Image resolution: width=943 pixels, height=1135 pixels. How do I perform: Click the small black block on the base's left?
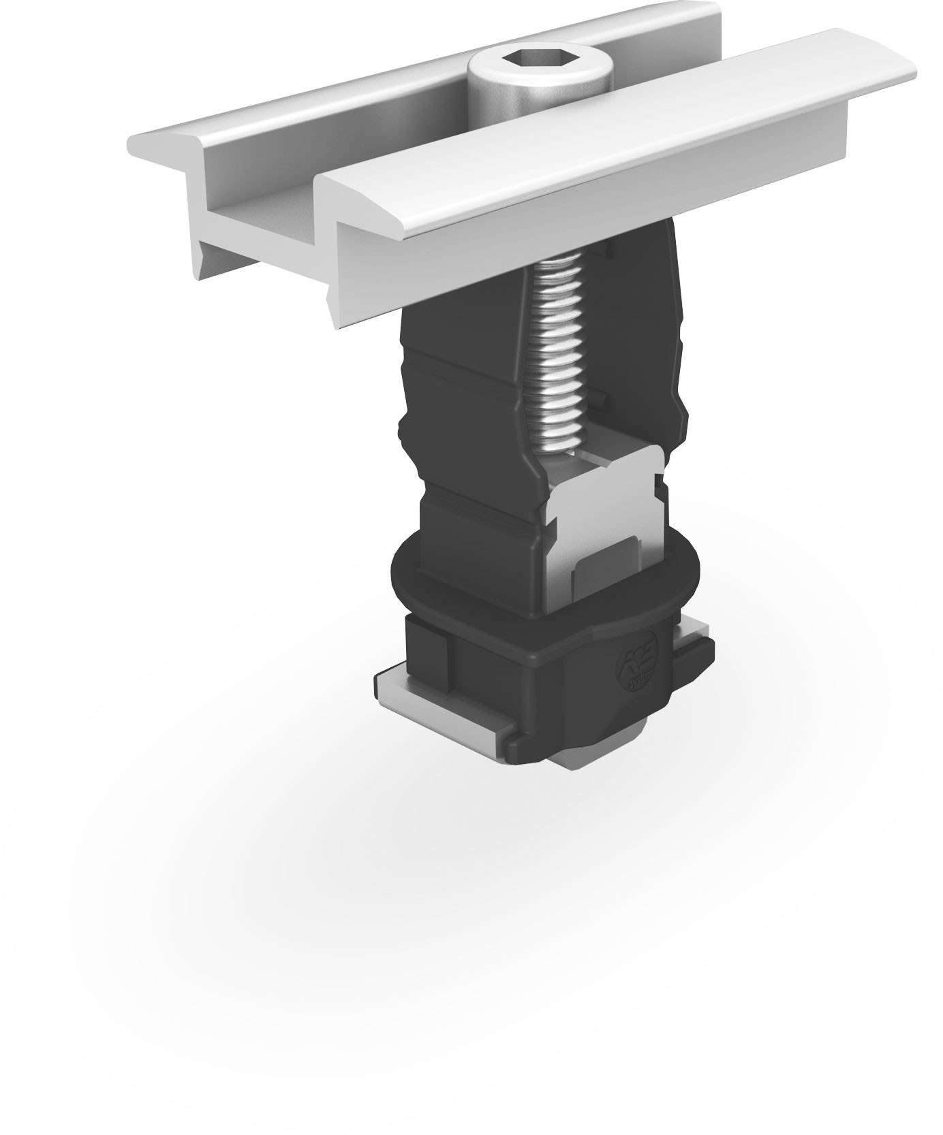pos(426,647)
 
